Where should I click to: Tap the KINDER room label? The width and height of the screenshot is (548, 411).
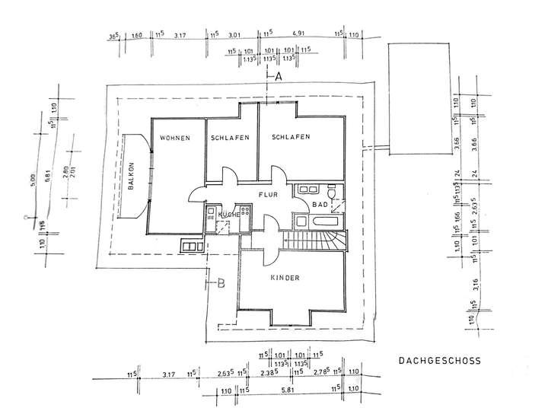pos(285,279)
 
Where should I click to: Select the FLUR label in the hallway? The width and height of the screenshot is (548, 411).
pos(269,195)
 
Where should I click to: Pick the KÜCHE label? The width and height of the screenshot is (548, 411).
pos(229,215)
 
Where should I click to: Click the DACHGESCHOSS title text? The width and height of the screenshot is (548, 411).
pos(439,362)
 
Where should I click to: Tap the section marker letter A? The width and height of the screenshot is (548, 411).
pos(279,77)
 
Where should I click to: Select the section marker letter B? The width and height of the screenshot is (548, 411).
pos(221,285)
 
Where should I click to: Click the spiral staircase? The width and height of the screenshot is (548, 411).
pos(329,242)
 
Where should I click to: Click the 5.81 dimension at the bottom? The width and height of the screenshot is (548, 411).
pos(286,390)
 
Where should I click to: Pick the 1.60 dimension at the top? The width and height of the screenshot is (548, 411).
pos(137,35)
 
